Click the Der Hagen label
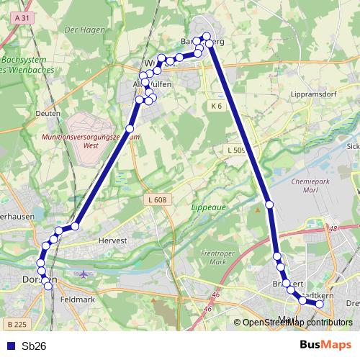point(80,30)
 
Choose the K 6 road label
point(217,107)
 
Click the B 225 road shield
point(15,325)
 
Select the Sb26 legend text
point(34,346)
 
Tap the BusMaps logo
point(325,345)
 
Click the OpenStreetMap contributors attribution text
point(293,323)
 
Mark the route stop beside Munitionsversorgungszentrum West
point(130,129)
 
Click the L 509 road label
point(235,150)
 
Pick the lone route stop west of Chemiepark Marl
point(269,205)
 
